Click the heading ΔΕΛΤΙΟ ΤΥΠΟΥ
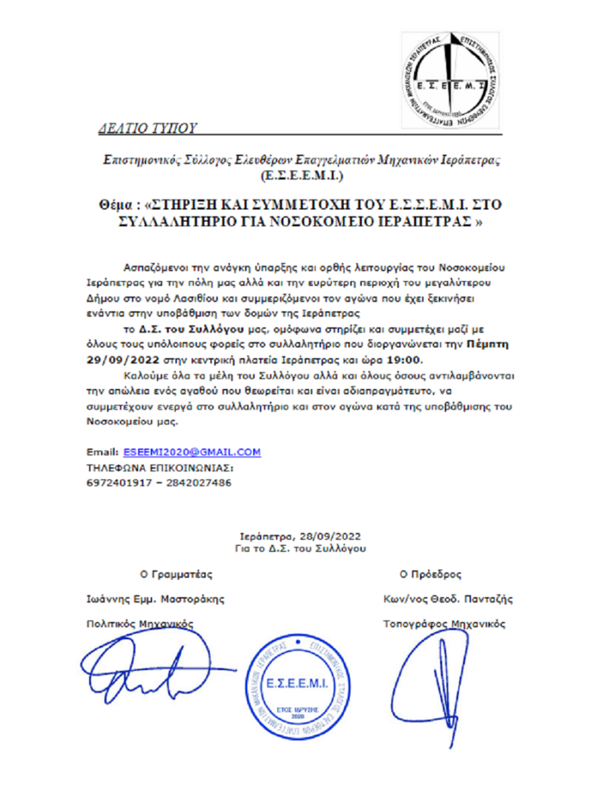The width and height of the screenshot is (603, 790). [147, 128]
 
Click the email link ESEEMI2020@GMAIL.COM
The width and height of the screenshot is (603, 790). [192, 452]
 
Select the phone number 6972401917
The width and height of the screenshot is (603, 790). [119, 483]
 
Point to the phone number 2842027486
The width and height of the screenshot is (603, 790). [198, 483]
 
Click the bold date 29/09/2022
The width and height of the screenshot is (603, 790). [123, 360]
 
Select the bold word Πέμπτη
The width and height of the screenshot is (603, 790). [487, 344]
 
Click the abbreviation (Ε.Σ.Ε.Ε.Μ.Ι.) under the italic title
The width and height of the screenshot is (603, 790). [301, 176]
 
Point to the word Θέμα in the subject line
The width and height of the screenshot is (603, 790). [115, 205]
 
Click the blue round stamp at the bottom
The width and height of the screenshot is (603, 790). [297, 686]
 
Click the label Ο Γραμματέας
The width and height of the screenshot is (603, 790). [176, 574]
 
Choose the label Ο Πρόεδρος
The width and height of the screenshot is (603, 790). [430, 574]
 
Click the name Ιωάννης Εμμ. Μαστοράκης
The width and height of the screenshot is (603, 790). [155, 599]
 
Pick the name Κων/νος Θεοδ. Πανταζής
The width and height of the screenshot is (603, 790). [448, 599]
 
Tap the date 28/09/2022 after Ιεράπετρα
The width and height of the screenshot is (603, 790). [330, 536]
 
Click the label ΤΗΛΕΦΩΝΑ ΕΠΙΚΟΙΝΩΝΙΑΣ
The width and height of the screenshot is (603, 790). [160, 468]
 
